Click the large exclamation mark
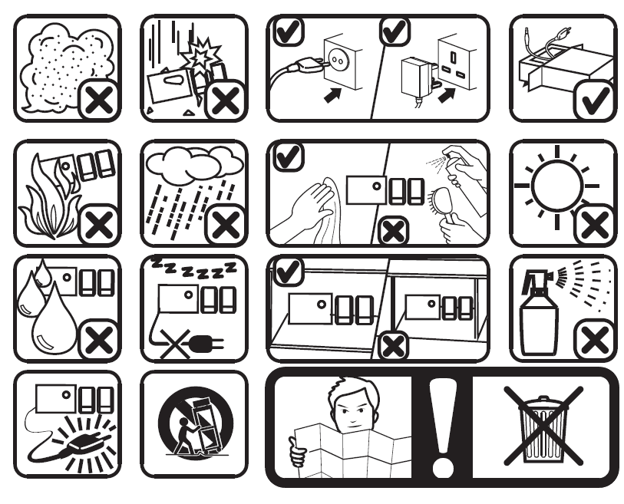[443, 427]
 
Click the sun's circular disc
[557, 186]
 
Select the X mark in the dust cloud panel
[99, 100]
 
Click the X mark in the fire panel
[99, 224]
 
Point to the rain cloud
[194, 164]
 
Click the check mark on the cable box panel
[595, 100]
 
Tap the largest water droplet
[54, 322]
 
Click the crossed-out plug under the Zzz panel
[190, 344]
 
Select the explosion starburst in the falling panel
[200, 56]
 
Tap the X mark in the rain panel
[225, 224]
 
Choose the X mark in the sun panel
[595, 224]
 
